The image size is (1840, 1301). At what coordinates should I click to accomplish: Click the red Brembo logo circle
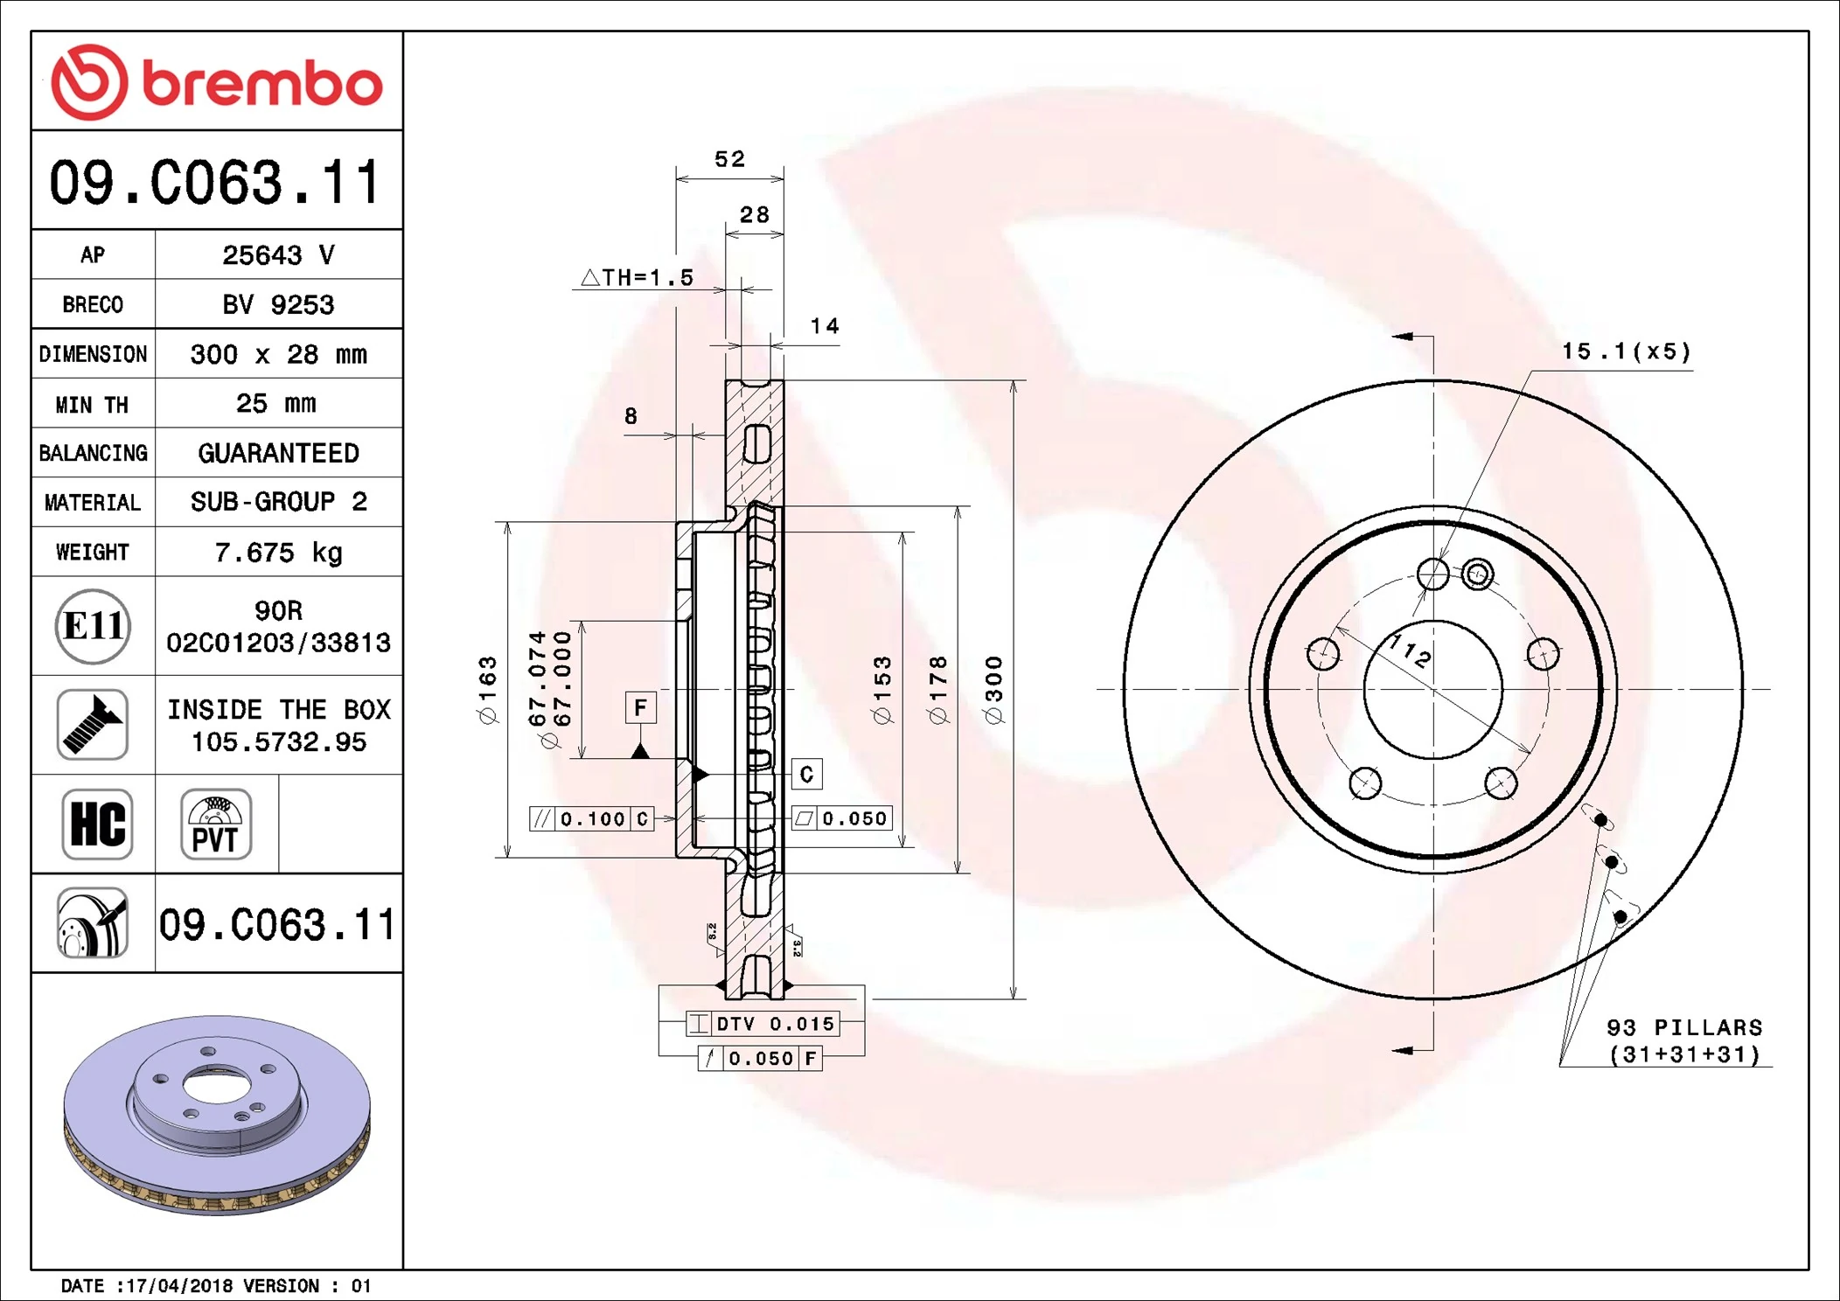tap(90, 82)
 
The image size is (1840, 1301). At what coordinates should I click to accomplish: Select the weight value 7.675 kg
tap(278, 552)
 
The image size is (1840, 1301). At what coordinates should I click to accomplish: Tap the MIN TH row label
tap(92, 404)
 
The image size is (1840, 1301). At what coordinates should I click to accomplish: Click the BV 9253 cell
tap(278, 304)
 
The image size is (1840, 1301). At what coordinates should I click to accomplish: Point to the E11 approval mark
tap(93, 626)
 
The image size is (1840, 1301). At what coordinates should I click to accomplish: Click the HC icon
tap(97, 824)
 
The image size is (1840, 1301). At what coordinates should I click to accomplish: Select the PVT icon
tap(215, 824)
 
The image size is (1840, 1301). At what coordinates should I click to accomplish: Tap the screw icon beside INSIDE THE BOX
tap(93, 724)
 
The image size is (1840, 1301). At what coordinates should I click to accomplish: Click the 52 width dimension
tap(729, 159)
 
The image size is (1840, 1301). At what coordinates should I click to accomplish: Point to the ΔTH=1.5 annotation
tap(638, 277)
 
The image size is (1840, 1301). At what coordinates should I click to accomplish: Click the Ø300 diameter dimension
tap(994, 689)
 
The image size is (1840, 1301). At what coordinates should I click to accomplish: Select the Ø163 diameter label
tap(487, 689)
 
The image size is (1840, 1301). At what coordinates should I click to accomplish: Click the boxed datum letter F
tap(640, 706)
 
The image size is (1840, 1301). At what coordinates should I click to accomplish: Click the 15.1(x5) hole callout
tap(1626, 351)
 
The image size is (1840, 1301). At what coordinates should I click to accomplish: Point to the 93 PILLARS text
tap(1683, 1027)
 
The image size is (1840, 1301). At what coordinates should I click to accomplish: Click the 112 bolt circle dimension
tap(1411, 650)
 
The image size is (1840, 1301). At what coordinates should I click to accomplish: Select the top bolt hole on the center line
tap(1432, 574)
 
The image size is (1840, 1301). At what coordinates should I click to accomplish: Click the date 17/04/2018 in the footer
tap(179, 1285)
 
